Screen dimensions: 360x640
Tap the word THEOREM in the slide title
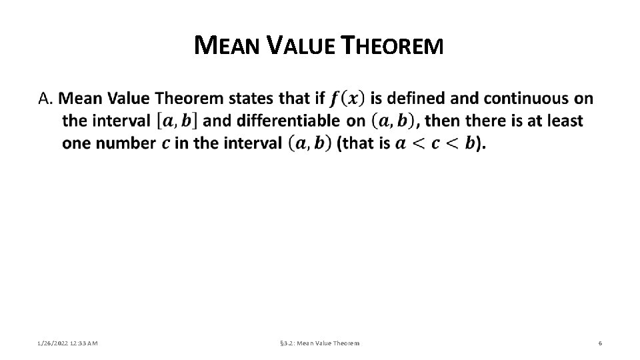(x=391, y=46)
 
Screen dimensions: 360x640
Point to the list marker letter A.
(x=45, y=99)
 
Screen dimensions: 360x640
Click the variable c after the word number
(x=165, y=144)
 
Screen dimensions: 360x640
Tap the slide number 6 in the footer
(x=600, y=343)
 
